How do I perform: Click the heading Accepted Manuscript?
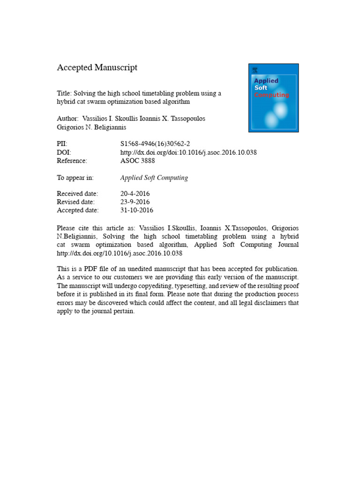tap(97, 67)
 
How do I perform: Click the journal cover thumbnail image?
tap(273, 97)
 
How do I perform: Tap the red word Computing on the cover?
tap(271, 95)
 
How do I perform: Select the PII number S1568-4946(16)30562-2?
tap(155, 144)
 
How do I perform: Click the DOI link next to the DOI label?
tap(188, 152)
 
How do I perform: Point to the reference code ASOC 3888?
tap(137, 161)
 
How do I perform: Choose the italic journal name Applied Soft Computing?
tap(154, 178)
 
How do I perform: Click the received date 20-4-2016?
tap(135, 194)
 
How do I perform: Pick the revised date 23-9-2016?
tap(135, 202)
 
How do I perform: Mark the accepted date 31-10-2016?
tap(137, 210)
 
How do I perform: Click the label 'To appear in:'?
tap(75, 178)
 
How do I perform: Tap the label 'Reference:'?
tap(72, 161)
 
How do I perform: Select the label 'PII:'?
tap(62, 144)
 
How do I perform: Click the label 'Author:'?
tap(68, 119)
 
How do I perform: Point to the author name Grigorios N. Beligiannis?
tap(91, 127)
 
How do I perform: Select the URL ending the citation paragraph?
tap(120, 253)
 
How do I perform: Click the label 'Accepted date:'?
tap(78, 210)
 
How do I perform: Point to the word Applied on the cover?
tap(266, 81)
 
